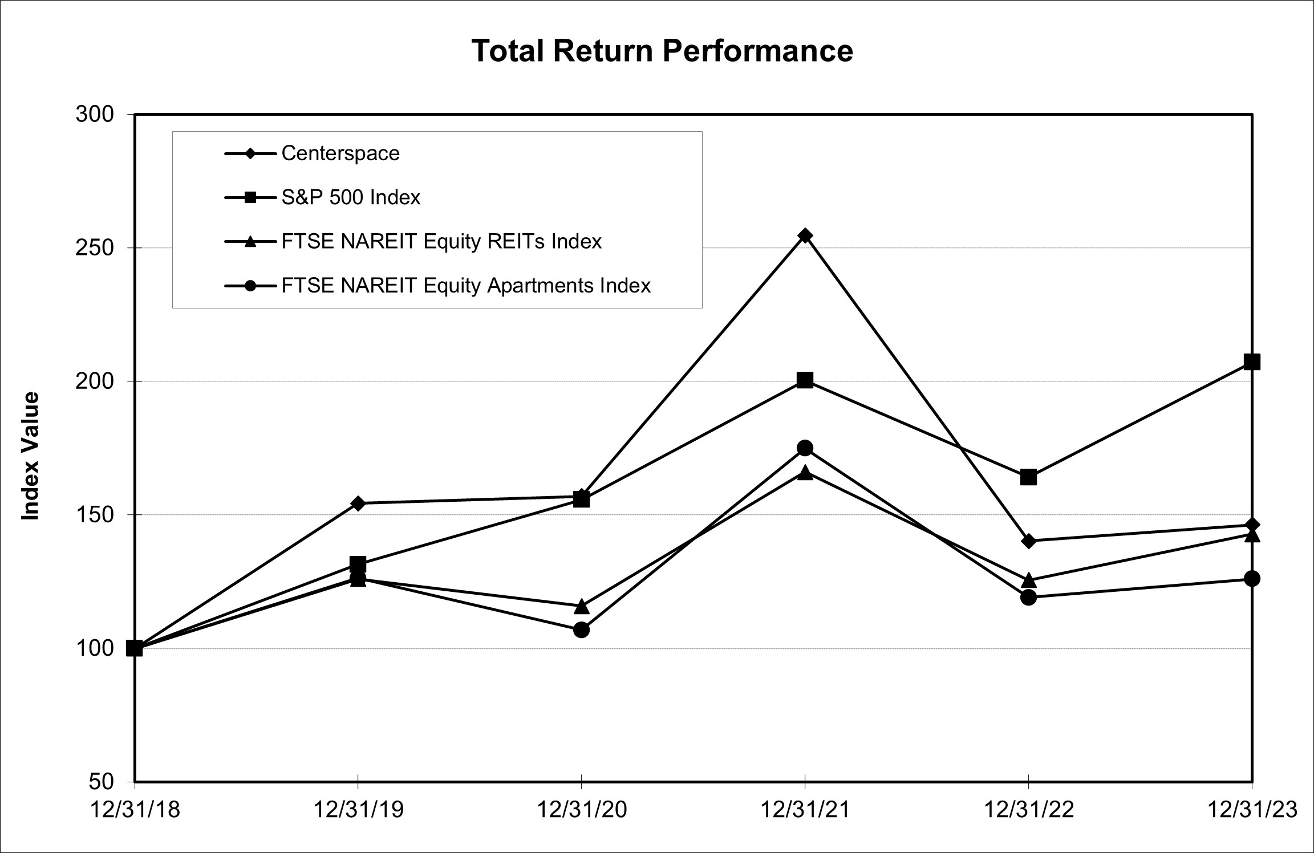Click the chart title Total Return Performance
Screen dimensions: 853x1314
tap(662, 51)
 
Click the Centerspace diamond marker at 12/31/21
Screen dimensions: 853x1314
tap(805, 235)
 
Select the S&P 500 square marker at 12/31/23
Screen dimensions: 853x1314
tap(1251, 361)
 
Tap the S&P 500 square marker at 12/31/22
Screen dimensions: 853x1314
tap(1028, 477)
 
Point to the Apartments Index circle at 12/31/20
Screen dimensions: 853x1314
tap(581, 630)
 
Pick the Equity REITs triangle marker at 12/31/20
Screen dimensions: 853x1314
tap(581, 606)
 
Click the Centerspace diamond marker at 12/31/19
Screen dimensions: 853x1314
tap(358, 503)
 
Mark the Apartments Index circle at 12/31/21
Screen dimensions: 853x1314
tap(805, 448)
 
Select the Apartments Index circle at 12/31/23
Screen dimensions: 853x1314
tap(1251, 579)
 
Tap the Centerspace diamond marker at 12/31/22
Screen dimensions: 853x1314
tap(1028, 541)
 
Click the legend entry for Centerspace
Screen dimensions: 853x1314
tap(340, 153)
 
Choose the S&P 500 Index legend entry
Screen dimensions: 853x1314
tap(350, 197)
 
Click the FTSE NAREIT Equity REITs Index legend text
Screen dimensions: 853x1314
tap(441, 241)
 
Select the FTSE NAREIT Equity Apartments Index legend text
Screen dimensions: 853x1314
tap(466, 285)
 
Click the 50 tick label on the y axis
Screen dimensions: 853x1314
tap(102, 781)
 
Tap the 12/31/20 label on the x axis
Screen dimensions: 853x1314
tap(581, 810)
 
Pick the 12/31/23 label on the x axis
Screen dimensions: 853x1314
tap(1252, 810)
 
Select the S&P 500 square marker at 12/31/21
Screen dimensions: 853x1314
tap(805, 380)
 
